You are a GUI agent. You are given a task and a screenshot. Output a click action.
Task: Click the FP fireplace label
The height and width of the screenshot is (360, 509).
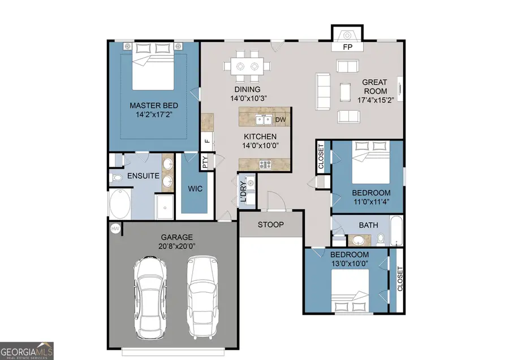[348, 47]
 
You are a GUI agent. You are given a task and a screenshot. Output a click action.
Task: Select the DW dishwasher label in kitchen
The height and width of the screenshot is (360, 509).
[281, 119]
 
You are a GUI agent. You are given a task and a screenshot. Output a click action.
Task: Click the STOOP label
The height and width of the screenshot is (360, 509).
[270, 224]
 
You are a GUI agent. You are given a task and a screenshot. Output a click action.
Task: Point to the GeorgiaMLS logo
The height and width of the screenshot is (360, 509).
[27, 350]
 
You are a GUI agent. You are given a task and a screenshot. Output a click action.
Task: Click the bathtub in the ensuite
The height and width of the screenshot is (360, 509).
[119, 205]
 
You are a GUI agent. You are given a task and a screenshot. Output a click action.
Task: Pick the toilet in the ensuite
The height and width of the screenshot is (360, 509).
[117, 177]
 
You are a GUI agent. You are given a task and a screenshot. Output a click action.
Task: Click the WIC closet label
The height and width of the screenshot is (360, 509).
[195, 188]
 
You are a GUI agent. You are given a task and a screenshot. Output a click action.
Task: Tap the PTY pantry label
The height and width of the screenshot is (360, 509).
[205, 162]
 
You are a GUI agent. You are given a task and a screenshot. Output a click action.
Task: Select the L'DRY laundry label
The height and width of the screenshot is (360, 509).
[243, 192]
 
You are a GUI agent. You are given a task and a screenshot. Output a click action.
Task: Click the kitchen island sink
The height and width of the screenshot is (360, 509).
[262, 119]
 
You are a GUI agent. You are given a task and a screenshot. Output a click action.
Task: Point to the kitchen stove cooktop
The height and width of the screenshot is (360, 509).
[264, 164]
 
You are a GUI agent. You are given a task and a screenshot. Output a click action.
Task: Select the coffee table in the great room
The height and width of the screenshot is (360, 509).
[344, 91]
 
